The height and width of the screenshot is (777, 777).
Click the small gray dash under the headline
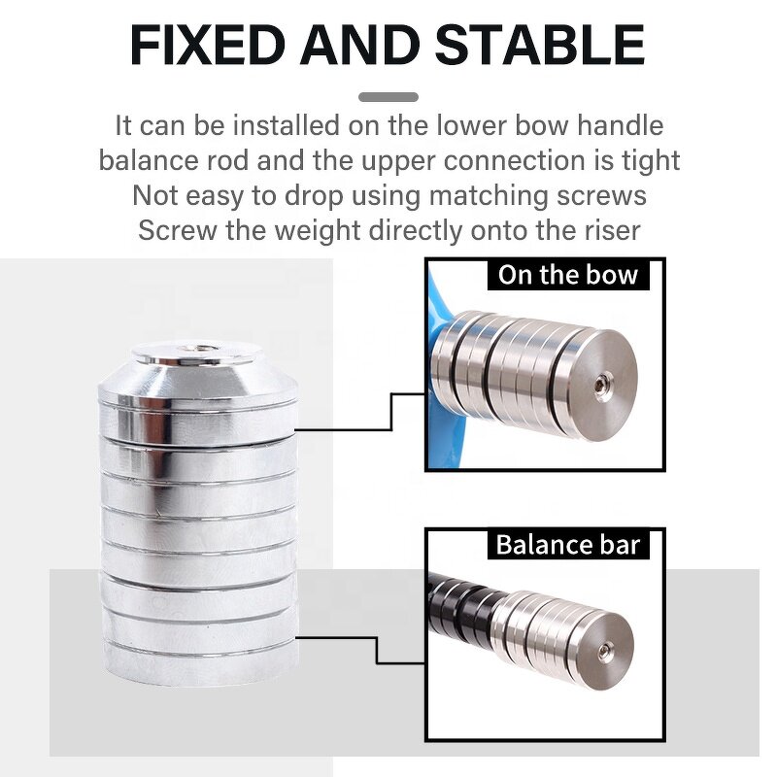388,97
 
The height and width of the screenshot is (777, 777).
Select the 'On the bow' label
567,275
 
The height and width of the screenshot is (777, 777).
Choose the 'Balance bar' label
567,544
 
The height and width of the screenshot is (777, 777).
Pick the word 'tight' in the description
647,160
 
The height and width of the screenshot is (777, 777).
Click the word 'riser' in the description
608,230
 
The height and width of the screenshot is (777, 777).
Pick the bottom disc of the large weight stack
198,660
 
